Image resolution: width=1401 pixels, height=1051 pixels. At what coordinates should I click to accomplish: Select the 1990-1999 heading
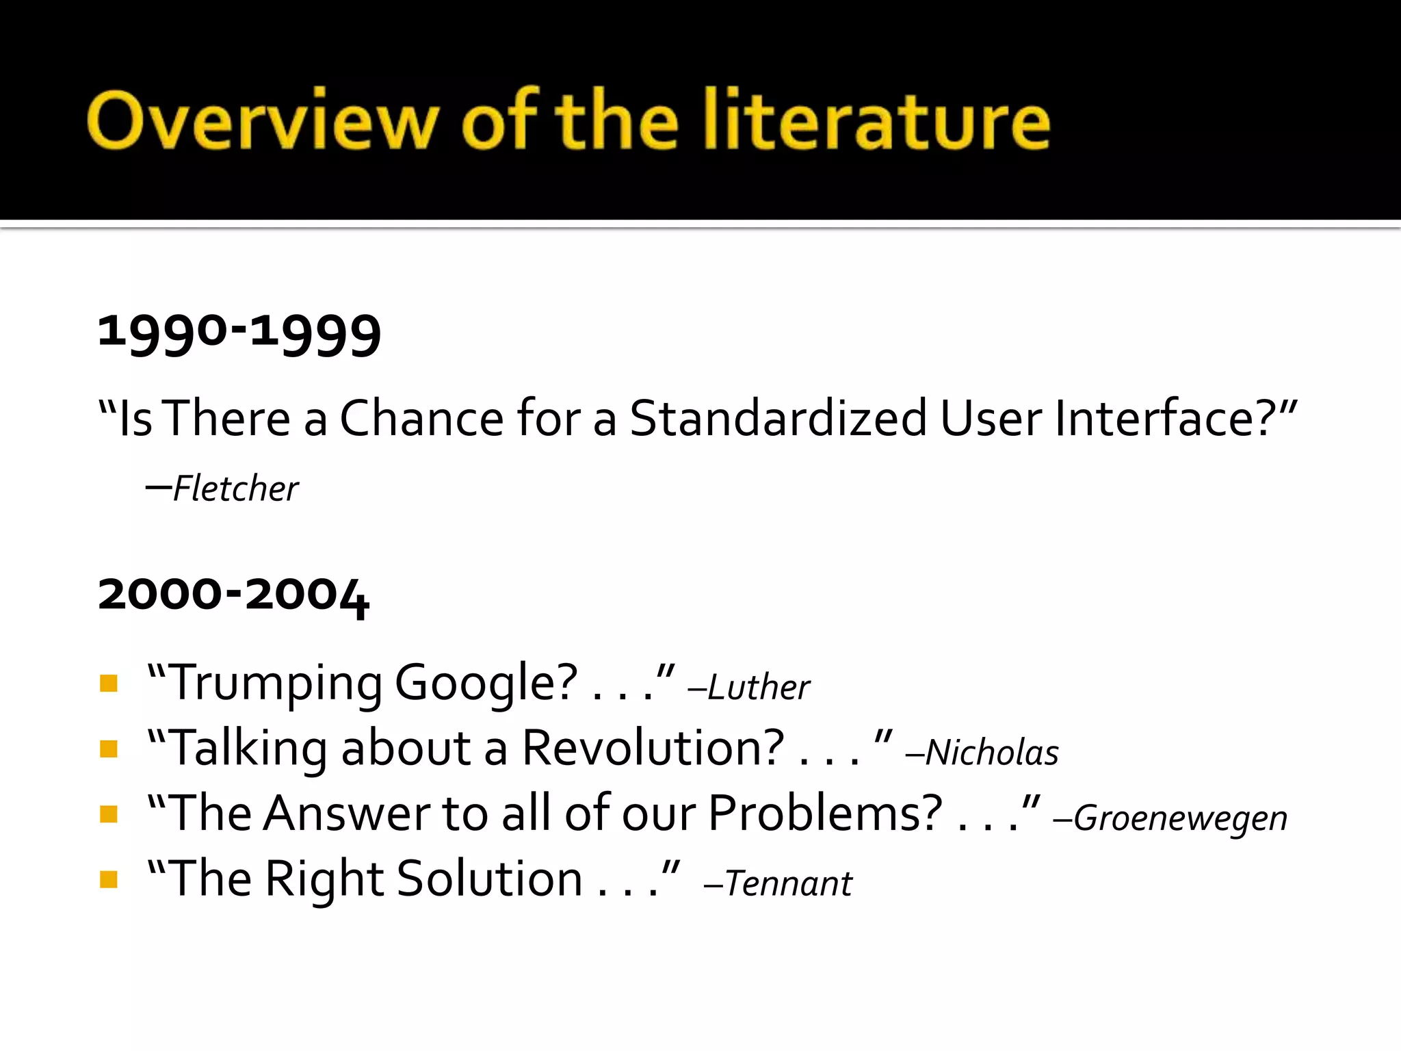click(x=239, y=333)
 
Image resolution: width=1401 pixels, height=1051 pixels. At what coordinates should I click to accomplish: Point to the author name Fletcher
click(x=235, y=489)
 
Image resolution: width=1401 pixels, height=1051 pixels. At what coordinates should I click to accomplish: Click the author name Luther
click(x=758, y=687)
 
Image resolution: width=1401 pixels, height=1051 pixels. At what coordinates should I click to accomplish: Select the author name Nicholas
click(x=992, y=753)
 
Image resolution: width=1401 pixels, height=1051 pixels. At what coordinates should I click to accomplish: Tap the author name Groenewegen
click(x=1180, y=818)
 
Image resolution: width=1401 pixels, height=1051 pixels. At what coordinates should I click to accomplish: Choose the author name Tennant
click(x=788, y=883)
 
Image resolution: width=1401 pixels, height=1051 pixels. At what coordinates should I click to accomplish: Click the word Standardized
click(x=778, y=418)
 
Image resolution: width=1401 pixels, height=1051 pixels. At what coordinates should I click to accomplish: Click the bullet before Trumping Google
click(x=109, y=684)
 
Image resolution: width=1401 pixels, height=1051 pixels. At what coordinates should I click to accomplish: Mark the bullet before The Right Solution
click(x=109, y=879)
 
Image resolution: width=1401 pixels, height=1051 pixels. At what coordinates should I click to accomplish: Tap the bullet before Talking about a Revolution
click(x=109, y=749)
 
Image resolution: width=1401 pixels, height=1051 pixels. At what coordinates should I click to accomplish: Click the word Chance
click(x=421, y=418)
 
